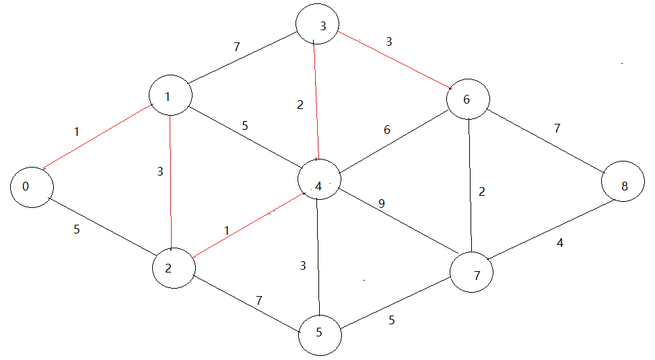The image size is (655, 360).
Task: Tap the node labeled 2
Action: pyautogui.click(x=174, y=268)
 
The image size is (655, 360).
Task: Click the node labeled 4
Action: pyautogui.click(x=320, y=180)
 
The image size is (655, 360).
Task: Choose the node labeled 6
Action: pyautogui.click(x=467, y=100)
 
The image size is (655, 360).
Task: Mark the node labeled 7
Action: pyautogui.click(x=472, y=274)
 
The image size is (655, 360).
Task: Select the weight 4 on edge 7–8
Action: pyautogui.click(x=559, y=243)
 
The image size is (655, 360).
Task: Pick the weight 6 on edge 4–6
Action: pyautogui.click(x=386, y=130)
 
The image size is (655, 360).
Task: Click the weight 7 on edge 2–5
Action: pyautogui.click(x=258, y=300)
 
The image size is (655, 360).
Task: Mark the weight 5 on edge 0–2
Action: pyautogui.click(x=77, y=229)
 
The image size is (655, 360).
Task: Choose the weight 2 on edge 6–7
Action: pyautogui.click(x=481, y=191)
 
